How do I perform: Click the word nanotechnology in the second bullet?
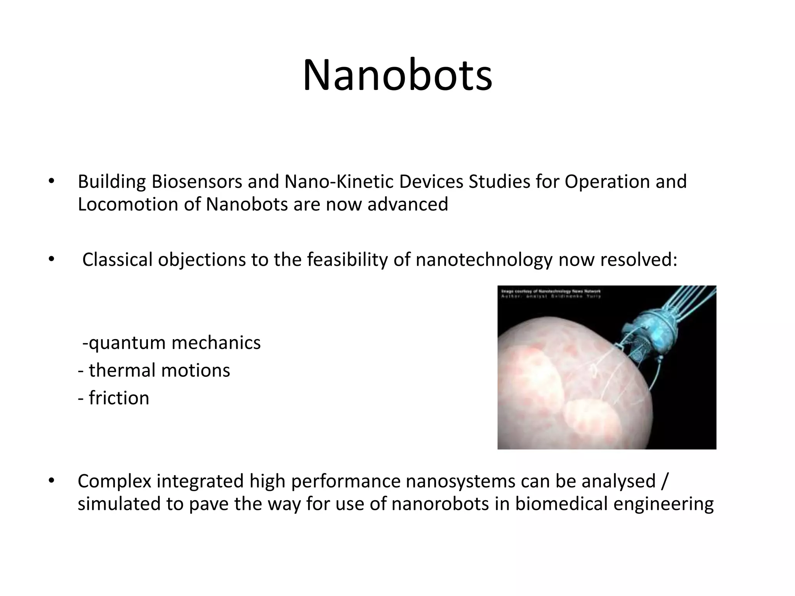coord(484,260)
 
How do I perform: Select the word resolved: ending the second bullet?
coord(639,260)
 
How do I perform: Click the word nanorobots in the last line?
coord(440,504)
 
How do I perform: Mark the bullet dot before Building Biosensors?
coord(51,181)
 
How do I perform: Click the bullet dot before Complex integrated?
coord(51,481)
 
